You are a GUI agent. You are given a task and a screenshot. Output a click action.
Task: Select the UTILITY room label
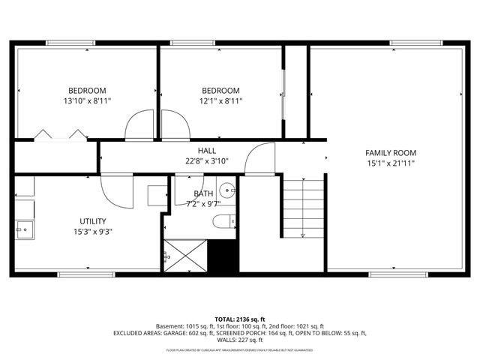93,221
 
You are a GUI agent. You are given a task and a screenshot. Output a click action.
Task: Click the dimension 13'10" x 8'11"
88,101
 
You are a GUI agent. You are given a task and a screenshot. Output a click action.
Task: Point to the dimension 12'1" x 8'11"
220,101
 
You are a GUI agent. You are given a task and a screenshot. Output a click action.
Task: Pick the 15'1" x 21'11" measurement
389,163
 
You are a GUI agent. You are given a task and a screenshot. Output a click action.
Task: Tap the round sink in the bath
228,190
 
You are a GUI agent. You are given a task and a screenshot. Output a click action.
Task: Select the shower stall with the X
184,255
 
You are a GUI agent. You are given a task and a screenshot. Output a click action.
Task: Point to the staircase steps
302,208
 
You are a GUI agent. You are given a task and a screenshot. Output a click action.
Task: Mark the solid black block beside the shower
222,256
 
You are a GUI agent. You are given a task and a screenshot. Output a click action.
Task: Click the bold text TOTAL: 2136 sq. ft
239,319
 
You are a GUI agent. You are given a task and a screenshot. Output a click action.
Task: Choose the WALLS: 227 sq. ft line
239,340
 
